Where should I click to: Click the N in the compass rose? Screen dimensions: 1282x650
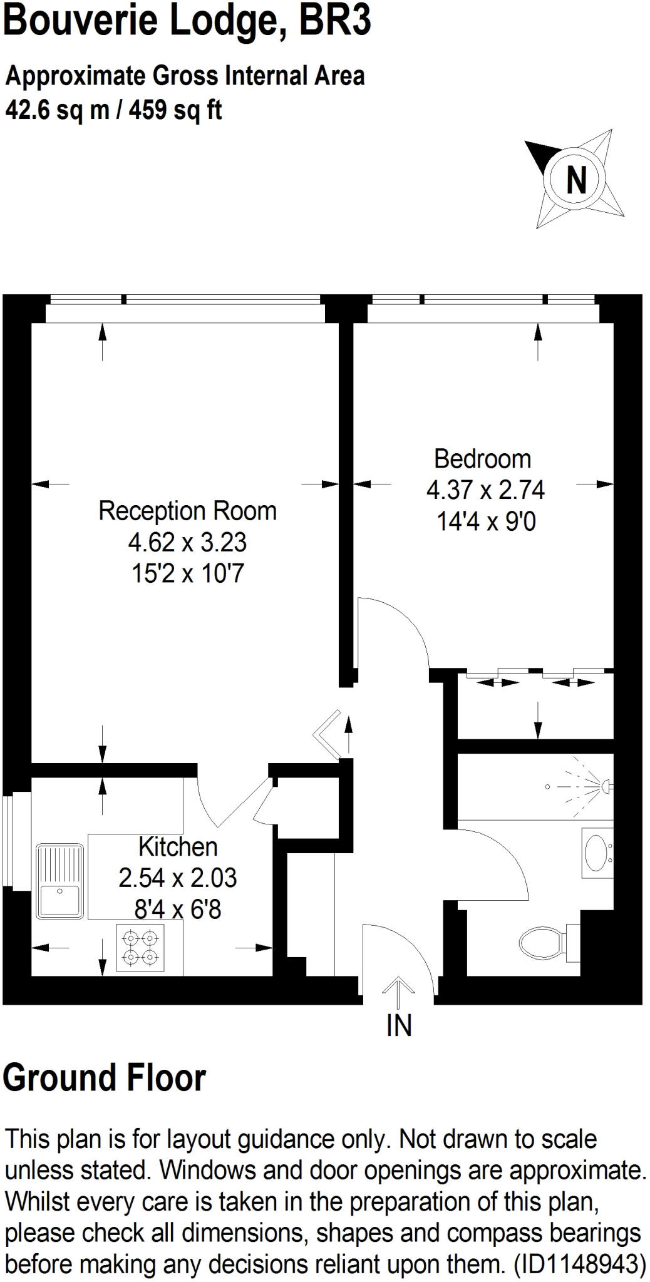pyautogui.click(x=576, y=180)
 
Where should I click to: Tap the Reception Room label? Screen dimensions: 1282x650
pyautogui.click(x=187, y=511)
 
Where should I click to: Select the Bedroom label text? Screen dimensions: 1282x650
pyautogui.click(x=482, y=459)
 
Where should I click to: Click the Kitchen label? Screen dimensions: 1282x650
pyautogui.click(x=178, y=847)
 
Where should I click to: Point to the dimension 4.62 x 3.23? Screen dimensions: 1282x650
pyautogui.click(x=187, y=542)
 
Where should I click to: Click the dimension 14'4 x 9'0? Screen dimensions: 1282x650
pyautogui.click(x=486, y=521)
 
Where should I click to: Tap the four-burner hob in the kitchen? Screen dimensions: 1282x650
pyautogui.click(x=140, y=947)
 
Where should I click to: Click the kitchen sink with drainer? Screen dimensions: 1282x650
pyautogui.click(x=59, y=881)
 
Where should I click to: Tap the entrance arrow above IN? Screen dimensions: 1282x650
pyautogui.click(x=398, y=991)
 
